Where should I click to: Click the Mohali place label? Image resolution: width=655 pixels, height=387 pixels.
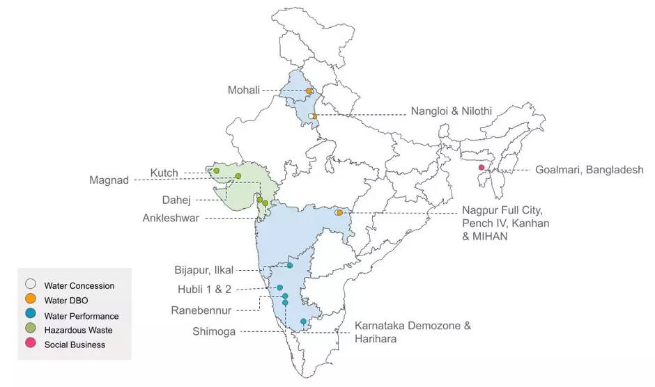243,90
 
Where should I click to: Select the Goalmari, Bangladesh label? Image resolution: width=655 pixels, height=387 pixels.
589,170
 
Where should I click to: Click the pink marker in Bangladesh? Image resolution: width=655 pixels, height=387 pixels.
481,168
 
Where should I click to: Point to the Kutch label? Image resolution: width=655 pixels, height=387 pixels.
164,173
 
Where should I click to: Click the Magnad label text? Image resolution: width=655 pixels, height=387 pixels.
109,180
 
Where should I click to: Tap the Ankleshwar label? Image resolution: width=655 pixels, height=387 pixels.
171,218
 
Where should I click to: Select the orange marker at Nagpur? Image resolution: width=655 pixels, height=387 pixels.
339,212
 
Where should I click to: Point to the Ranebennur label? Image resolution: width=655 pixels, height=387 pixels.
202,310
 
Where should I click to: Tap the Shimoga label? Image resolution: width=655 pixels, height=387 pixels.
214,331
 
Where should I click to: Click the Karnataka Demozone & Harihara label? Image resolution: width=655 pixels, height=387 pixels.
413,332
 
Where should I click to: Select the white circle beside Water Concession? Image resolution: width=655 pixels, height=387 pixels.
31,285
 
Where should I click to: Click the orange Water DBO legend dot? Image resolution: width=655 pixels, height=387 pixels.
31,300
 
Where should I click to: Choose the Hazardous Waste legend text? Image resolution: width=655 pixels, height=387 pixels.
78,330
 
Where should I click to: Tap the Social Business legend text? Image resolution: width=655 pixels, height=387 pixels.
75,345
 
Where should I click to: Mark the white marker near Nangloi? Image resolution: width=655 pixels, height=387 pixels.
311,116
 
